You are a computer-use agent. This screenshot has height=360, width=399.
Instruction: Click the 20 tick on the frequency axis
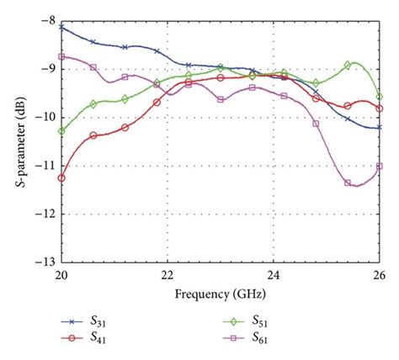click(61, 275)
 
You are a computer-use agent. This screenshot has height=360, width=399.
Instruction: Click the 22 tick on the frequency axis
click(168, 275)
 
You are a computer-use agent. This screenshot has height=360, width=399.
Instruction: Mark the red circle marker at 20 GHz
click(61, 177)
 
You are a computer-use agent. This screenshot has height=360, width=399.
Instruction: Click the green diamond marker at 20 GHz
click(61, 130)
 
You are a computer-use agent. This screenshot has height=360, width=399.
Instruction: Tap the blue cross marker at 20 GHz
click(61, 28)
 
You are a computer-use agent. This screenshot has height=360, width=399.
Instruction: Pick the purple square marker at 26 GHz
click(379, 166)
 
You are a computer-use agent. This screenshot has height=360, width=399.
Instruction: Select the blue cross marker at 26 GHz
click(379, 127)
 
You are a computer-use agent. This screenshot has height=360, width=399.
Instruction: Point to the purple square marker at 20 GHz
click(61, 56)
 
